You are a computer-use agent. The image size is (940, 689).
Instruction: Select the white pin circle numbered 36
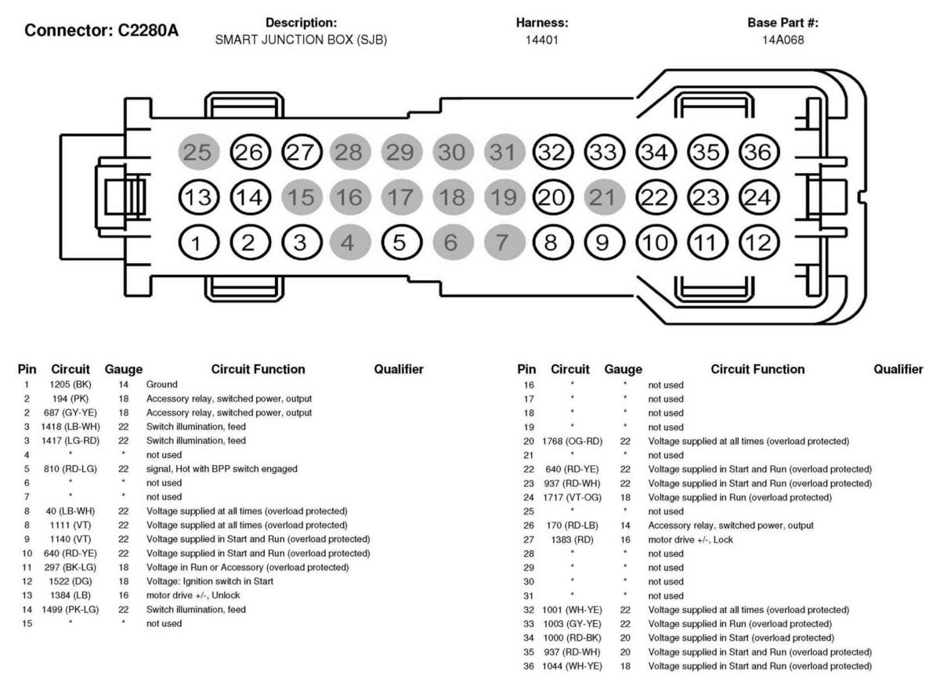pos(757,152)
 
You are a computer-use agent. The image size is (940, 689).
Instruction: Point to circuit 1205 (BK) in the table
pos(71,384)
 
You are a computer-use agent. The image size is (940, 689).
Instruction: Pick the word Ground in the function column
pos(161,384)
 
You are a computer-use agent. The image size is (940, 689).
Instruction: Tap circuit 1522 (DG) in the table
pos(71,581)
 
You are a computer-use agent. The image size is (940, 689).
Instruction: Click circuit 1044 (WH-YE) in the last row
pos(571,666)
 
